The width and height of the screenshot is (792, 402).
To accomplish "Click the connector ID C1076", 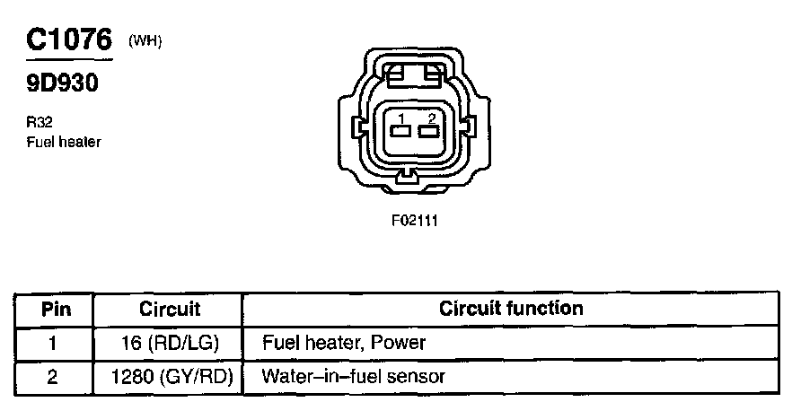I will [x=69, y=40].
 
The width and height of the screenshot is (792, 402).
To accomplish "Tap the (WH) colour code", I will [x=145, y=39].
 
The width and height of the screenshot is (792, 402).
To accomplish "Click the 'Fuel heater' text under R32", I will [x=64, y=142].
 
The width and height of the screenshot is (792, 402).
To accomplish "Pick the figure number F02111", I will [x=414, y=219].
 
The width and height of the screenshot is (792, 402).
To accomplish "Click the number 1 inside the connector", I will [x=402, y=118].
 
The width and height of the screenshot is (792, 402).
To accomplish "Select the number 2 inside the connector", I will [x=432, y=118].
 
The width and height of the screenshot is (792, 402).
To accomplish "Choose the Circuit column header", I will [x=170, y=310].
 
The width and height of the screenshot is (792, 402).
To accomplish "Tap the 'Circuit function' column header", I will [x=511, y=309].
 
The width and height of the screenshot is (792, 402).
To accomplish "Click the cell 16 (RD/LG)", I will [x=170, y=343].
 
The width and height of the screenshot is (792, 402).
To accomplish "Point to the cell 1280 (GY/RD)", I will [x=170, y=376].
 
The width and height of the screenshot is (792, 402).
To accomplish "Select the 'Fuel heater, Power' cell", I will [x=343, y=343].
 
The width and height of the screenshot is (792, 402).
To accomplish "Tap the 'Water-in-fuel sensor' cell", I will [x=353, y=376].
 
